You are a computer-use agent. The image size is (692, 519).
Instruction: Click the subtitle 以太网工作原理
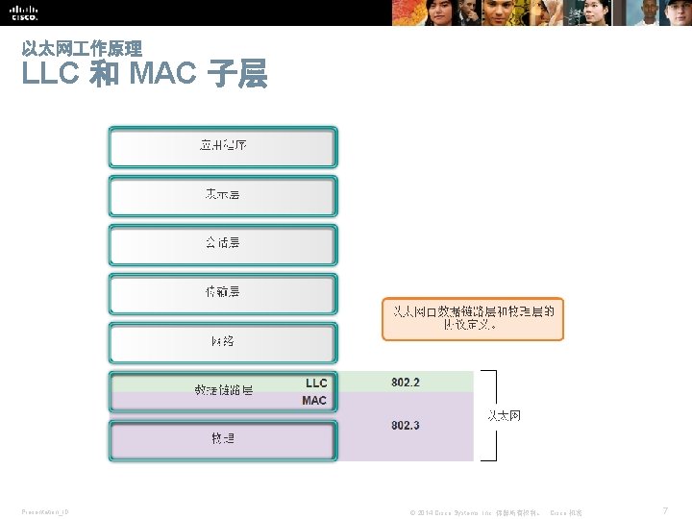click(82, 48)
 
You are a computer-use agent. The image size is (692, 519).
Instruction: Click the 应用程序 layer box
click(223, 147)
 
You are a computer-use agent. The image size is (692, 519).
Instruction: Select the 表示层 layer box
click(223, 195)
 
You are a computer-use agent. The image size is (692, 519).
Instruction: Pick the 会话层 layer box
click(223, 244)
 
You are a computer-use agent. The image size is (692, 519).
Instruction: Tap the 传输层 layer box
click(223, 292)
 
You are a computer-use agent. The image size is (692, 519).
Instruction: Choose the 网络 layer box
click(223, 342)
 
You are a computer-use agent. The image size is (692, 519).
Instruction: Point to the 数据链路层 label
click(224, 391)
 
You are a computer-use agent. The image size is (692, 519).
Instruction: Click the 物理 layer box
click(223, 439)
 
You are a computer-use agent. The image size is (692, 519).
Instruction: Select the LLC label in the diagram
click(316, 383)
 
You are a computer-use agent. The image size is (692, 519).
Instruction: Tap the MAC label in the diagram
click(314, 401)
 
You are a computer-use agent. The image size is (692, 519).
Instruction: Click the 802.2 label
click(406, 383)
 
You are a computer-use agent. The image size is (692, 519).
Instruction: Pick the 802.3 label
click(406, 425)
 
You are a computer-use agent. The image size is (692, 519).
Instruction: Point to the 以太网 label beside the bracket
click(505, 415)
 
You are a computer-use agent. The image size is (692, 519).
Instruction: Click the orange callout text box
click(473, 318)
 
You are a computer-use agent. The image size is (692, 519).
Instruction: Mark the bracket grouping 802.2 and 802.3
click(494, 415)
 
